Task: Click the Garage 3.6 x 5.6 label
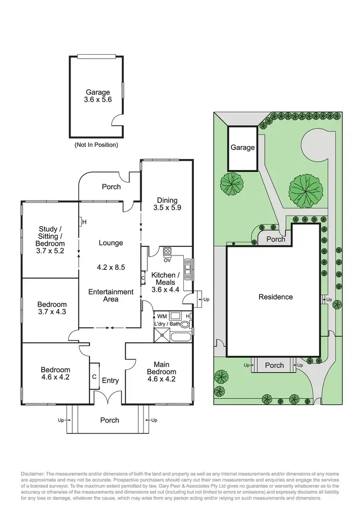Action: (x=98, y=96)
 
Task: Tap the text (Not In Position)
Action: (x=96, y=145)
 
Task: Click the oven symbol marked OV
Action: (x=168, y=252)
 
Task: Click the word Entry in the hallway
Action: (x=110, y=381)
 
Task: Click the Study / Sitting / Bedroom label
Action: (x=50, y=239)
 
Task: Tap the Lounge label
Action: (x=110, y=243)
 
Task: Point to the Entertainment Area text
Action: (x=110, y=295)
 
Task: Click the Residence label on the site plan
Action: (x=276, y=297)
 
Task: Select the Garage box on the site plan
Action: (x=242, y=148)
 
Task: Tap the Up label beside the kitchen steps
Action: (x=207, y=299)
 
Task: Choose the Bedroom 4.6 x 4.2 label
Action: (x=55, y=373)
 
